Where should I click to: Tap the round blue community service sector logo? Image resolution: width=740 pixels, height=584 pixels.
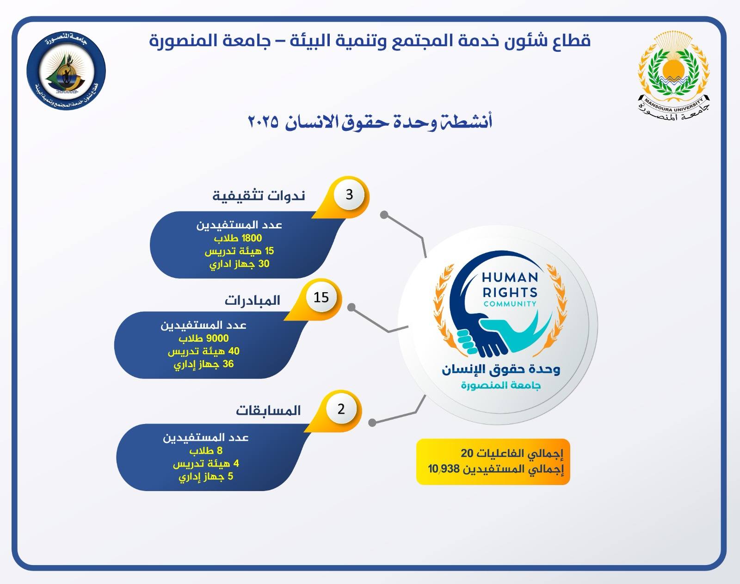click(66, 71)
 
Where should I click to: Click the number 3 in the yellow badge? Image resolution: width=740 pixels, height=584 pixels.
click(349, 195)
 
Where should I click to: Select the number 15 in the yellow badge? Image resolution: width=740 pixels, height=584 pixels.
click(321, 297)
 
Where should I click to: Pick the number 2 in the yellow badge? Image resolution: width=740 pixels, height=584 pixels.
click(341, 409)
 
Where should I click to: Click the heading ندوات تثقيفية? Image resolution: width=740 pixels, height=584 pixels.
click(259, 196)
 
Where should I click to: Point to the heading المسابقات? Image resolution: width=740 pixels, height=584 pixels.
click(268, 411)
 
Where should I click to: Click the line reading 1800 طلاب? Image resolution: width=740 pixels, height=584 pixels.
click(238, 238)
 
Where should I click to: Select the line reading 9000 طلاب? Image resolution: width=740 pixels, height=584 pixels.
click(203, 338)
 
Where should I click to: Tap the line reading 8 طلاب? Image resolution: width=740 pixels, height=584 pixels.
click(206, 450)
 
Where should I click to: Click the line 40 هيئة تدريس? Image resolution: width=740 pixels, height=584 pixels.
click(203, 351)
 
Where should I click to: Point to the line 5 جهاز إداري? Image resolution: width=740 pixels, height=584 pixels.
click(206, 477)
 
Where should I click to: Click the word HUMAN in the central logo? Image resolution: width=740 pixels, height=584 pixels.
click(510, 277)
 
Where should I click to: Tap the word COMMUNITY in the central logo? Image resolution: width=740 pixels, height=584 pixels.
click(510, 304)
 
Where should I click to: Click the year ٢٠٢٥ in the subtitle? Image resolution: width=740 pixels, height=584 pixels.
click(263, 122)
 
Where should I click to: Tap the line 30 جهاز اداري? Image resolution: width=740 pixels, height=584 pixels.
click(239, 264)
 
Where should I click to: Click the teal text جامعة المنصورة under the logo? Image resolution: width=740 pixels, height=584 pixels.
click(501, 386)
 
